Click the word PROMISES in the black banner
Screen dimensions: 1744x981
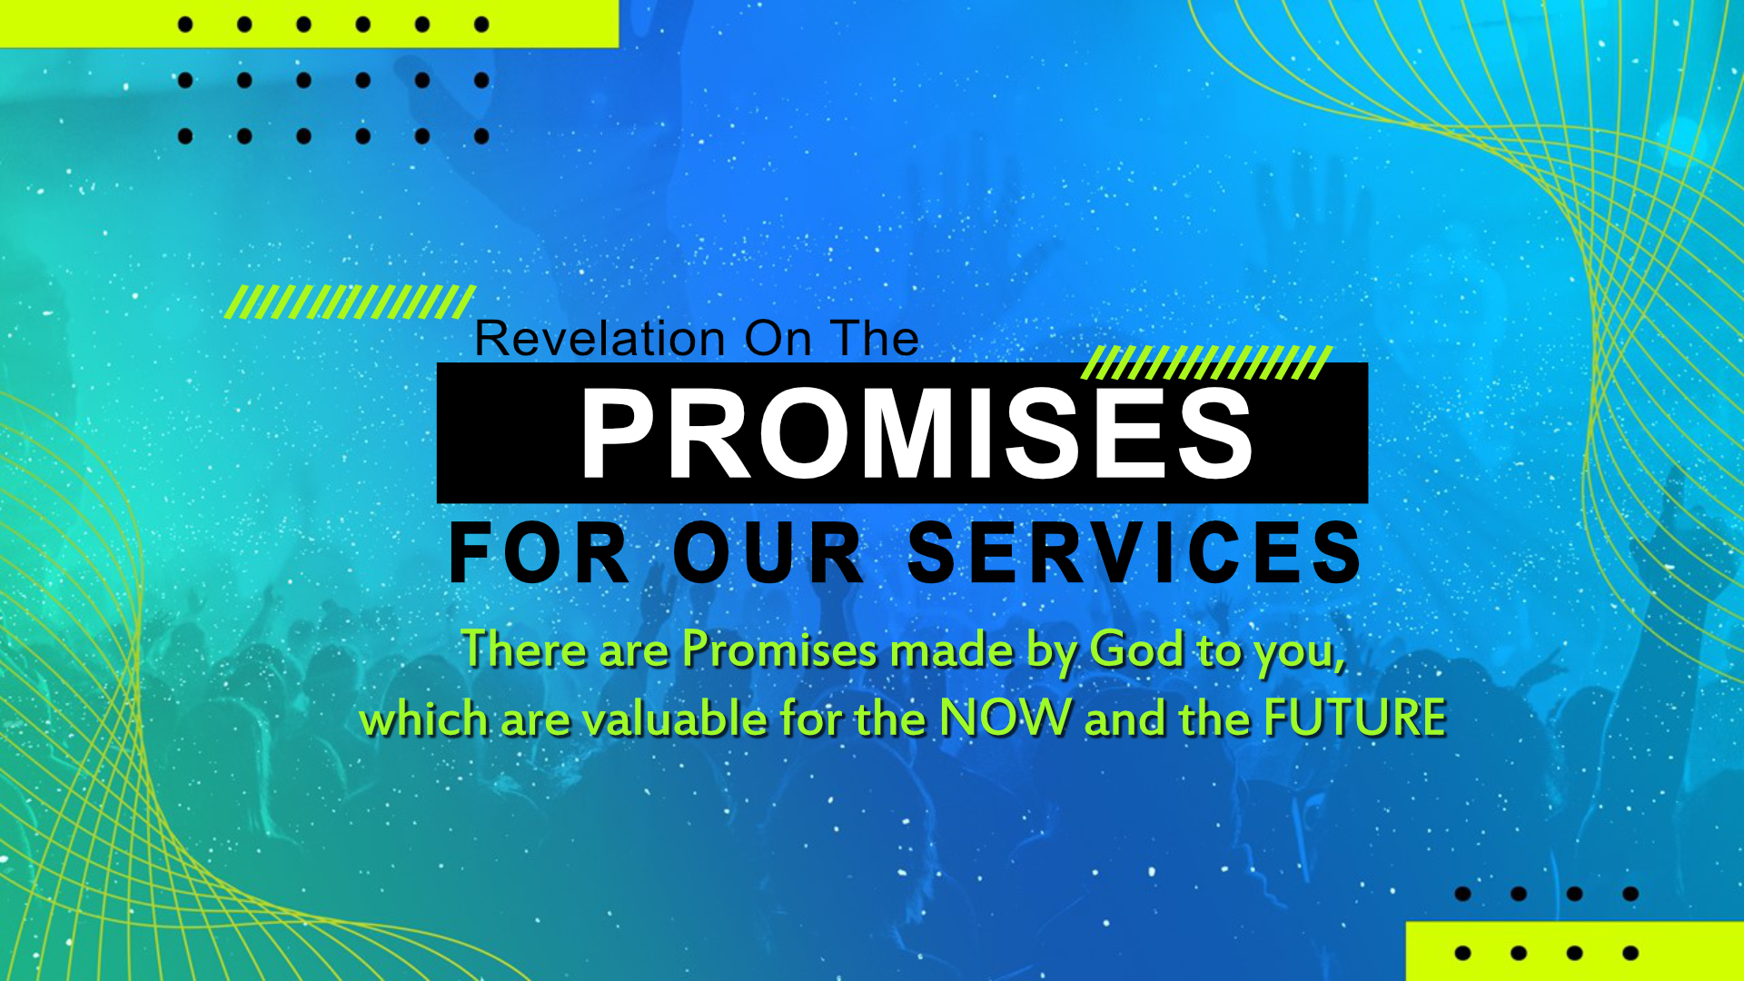(x=917, y=433)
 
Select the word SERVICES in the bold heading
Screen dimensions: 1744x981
(x=1135, y=552)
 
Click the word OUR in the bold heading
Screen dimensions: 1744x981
(x=768, y=552)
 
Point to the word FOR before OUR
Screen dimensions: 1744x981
(x=540, y=552)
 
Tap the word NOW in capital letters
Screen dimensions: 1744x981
(x=1006, y=718)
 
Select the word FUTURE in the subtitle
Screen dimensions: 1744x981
(x=1355, y=718)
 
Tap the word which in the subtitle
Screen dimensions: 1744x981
(x=425, y=718)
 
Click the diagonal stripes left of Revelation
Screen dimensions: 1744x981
(x=350, y=302)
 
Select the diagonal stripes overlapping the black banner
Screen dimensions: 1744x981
(x=1206, y=362)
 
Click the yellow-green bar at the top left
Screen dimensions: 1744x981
(x=309, y=24)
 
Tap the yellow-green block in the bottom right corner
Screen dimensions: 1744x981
(x=1575, y=951)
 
